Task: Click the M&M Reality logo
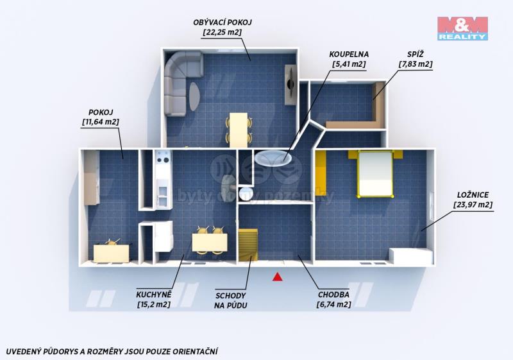(x=462, y=28)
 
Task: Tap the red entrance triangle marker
(x=278, y=277)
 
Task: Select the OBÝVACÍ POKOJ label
(x=223, y=22)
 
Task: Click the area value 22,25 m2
(x=223, y=32)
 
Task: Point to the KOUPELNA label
(x=349, y=55)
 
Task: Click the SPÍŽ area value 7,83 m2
(x=416, y=64)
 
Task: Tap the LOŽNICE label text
(x=473, y=195)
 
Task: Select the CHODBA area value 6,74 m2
(x=333, y=304)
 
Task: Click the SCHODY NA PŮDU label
(x=231, y=301)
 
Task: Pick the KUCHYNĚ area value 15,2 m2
(x=154, y=304)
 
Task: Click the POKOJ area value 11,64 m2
(x=101, y=122)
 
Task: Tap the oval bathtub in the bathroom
(x=273, y=158)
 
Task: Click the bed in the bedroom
(x=375, y=174)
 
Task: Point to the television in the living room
(x=290, y=85)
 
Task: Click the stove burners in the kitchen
(x=163, y=160)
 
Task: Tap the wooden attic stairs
(x=248, y=244)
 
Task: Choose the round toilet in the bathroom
(x=246, y=194)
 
